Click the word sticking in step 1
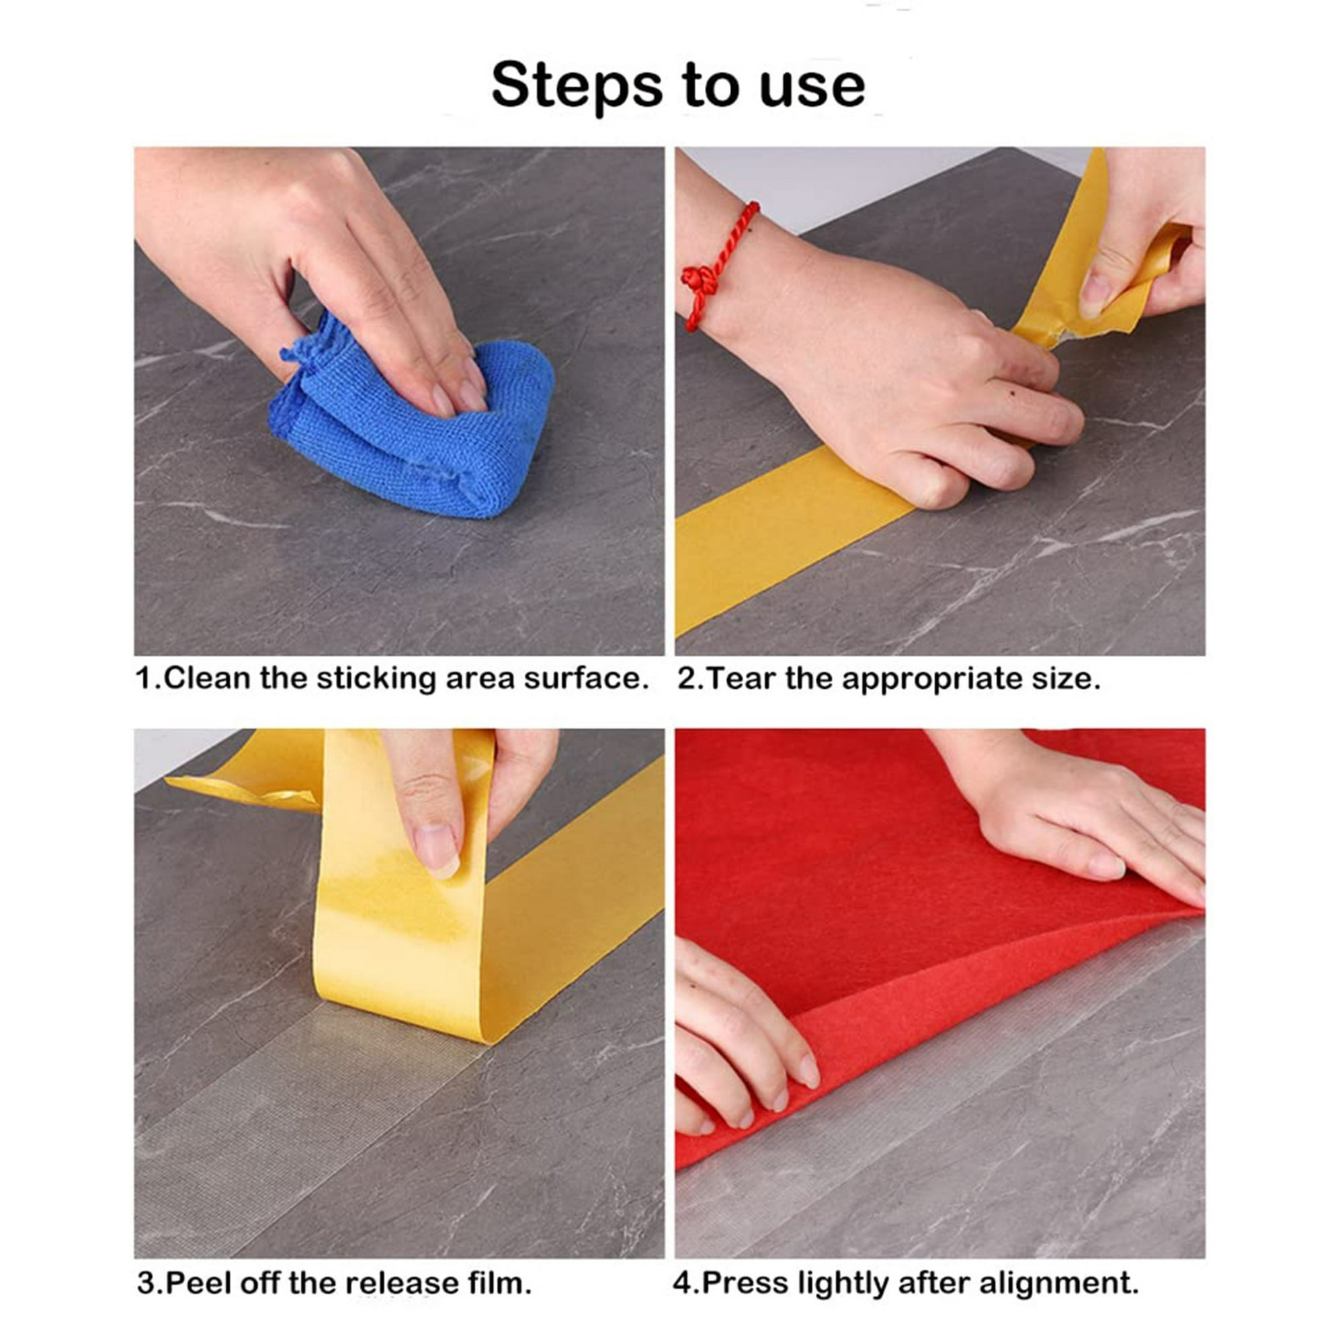coord(376,680)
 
